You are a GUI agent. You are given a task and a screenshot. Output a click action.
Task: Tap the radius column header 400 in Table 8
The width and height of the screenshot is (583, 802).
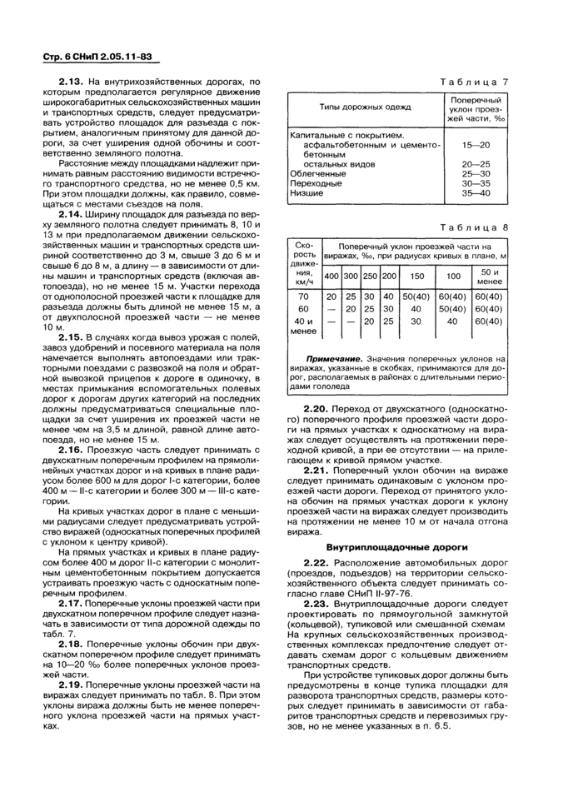(x=331, y=276)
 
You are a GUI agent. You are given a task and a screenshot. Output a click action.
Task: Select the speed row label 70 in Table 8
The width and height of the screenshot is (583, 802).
(x=303, y=296)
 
